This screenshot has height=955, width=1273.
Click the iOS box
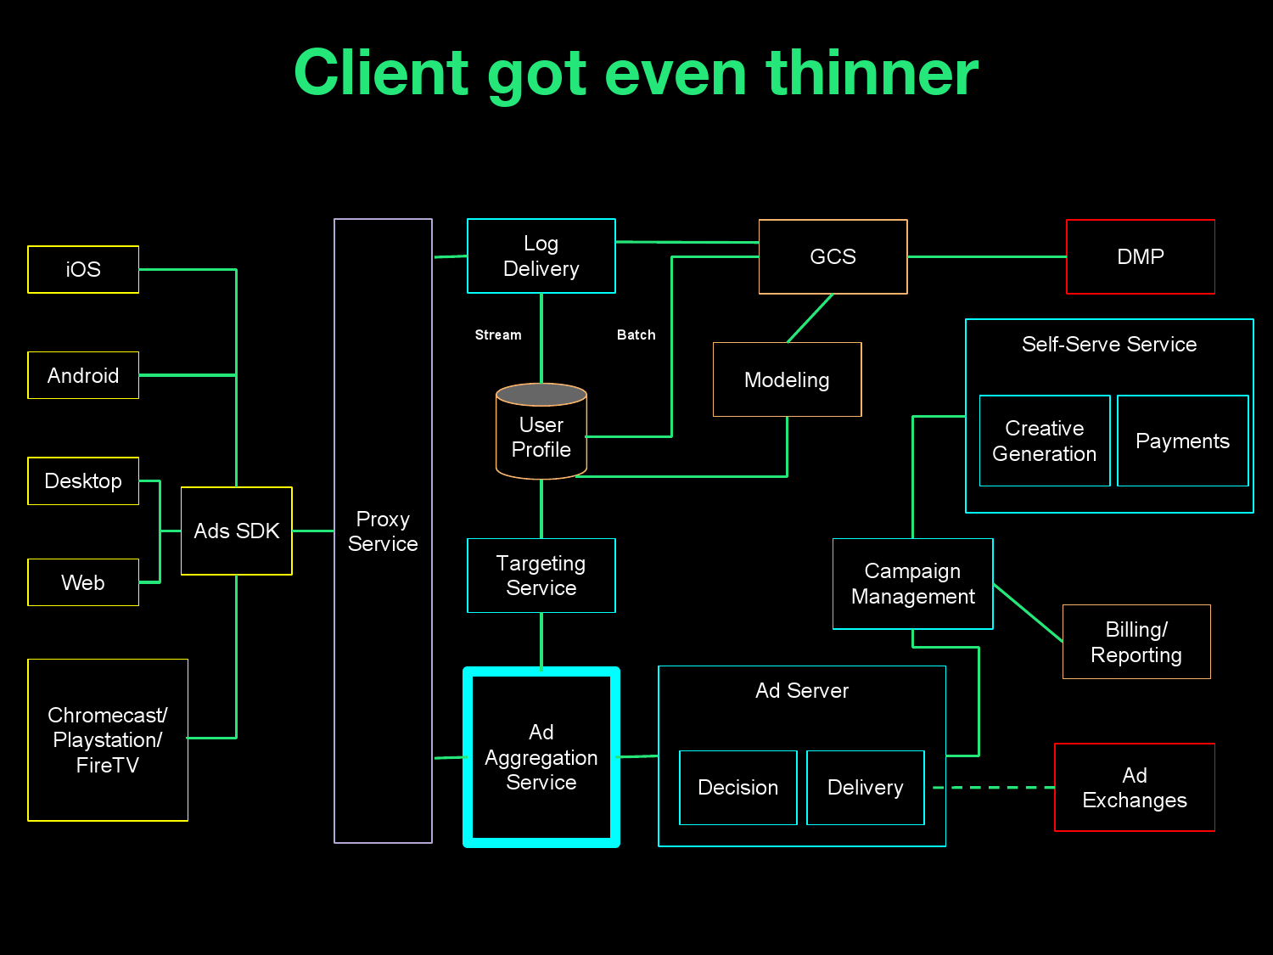(x=83, y=269)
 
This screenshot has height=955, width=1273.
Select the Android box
(x=83, y=375)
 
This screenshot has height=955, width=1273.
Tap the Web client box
(x=83, y=582)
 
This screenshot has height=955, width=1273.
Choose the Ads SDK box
(x=237, y=531)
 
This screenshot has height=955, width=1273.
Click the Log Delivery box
(x=541, y=256)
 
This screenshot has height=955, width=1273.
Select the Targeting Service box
(x=541, y=576)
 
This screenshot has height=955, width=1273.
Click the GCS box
(x=833, y=256)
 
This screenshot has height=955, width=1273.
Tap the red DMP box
(x=1140, y=256)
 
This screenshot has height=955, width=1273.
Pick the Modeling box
(x=787, y=379)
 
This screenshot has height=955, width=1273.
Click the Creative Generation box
(x=1044, y=441)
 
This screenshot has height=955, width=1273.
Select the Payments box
(x=1182, y=441)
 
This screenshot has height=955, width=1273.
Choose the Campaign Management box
(x=912, y=583)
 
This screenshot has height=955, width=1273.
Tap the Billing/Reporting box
(x=1136, y=642)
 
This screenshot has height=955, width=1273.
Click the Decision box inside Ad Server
(x=737, y=787)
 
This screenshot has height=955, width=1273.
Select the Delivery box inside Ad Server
(x=865, y=787)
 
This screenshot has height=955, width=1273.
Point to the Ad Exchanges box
(x=1134, y=787)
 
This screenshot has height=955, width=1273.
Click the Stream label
(x=498, y=335)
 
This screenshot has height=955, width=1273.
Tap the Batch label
(x=636, y=335)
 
